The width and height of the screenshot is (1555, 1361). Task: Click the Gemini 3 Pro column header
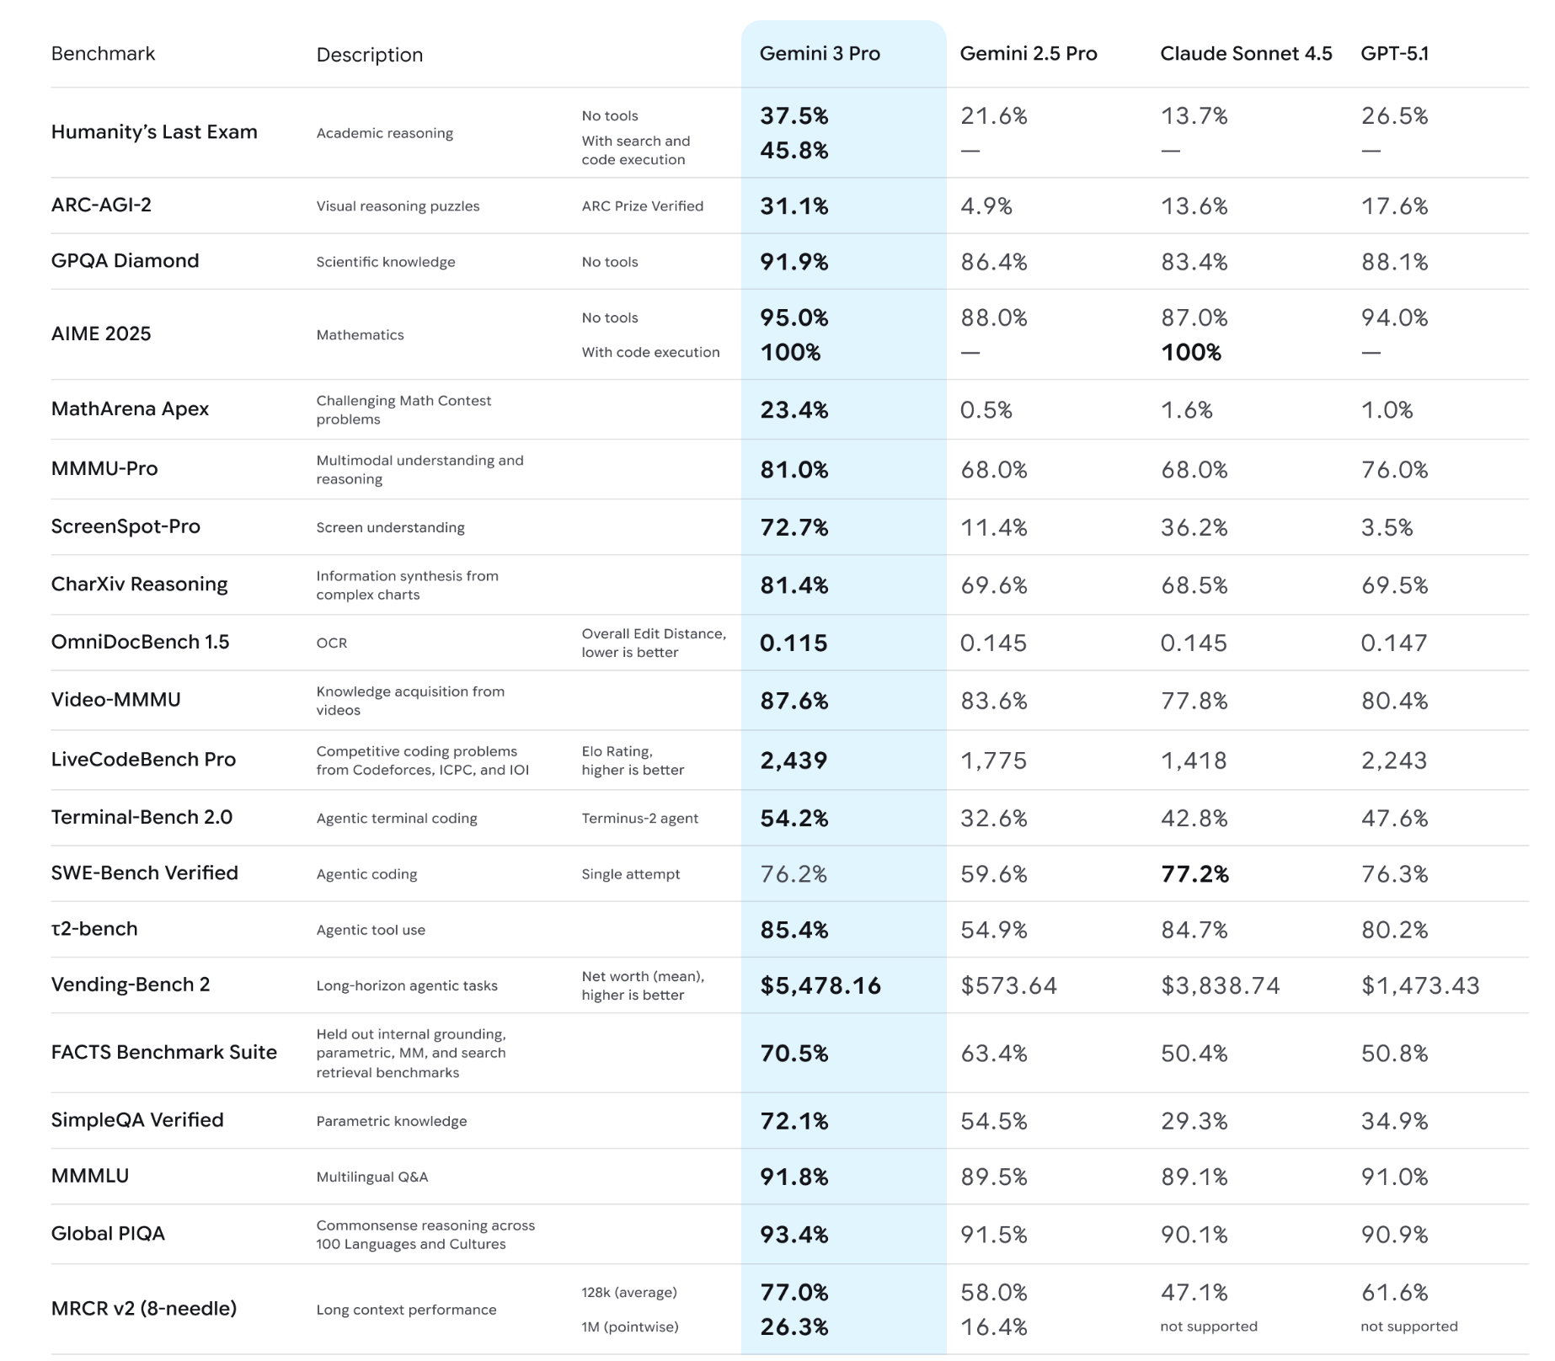[x=819, y=54]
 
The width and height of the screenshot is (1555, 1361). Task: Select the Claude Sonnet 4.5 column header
[x=1245, y=54]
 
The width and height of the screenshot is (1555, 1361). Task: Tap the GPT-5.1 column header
[x=1394, y=54]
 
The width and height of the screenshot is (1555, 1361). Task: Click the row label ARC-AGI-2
[x=101, y=205]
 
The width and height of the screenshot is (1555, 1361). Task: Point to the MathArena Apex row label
[x=130, y=409]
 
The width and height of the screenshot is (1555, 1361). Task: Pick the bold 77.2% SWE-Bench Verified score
[x=1194, y=874]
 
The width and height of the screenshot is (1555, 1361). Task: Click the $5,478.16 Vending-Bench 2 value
[x=820, y=985]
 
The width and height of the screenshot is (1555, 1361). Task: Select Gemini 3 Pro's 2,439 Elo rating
[x=794, y=761]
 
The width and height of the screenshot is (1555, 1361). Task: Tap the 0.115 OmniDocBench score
[x=794, y=643]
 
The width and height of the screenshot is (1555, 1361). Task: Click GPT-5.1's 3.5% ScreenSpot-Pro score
[x=1387, y=528]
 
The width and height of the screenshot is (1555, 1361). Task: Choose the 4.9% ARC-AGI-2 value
[x=986, y=206]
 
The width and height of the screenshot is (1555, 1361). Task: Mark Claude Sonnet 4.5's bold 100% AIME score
[x=1190, y=353]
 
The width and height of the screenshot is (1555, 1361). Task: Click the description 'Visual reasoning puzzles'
[x=398, y=206]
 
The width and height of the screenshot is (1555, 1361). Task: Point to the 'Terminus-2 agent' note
[x=639, y=819]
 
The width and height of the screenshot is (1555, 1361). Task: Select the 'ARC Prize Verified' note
[x=642, y=206]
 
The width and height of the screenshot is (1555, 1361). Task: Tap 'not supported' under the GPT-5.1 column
[x=1408, y=1326]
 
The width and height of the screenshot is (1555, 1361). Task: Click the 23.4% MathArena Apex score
[x=794, y=410]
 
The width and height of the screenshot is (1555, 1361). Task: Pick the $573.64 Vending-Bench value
[x=1008, y=985]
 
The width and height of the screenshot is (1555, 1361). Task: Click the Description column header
[x=369, y=56]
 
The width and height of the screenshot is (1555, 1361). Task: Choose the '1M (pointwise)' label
[x=629, y=1327]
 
